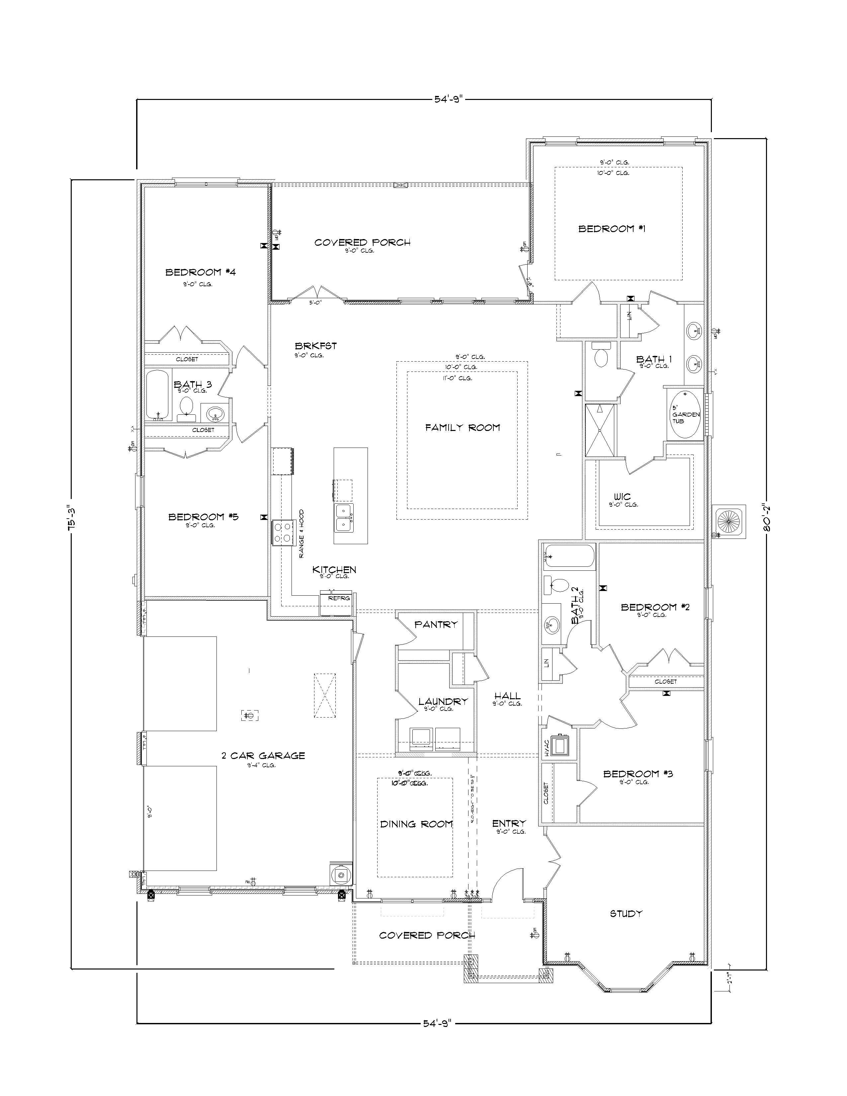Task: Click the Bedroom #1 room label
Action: point(612,229)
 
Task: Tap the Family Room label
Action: point(462,428)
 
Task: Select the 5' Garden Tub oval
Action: point(685,414)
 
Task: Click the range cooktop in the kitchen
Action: point(282,533)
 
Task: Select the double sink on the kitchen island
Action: point(344,518)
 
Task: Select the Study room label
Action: point(626,914)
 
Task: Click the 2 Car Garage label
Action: point(263,755)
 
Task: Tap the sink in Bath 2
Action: point(552,624)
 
